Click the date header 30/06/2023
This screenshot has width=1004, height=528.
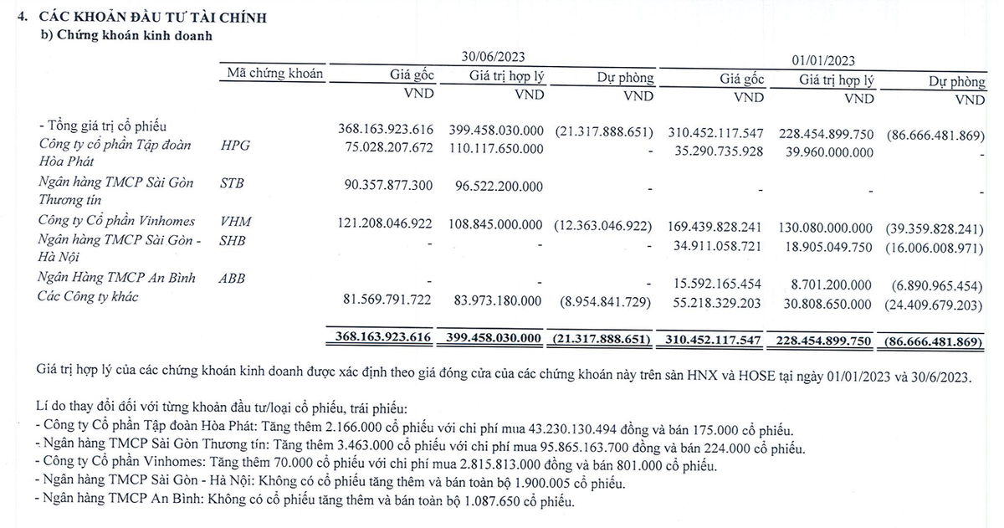[494, 57]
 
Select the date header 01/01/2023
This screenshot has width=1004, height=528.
[824, 60]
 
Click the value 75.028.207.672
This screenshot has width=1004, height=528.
[387, 149]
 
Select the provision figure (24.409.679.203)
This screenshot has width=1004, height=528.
[933, 305]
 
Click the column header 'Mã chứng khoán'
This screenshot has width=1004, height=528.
[274, 74]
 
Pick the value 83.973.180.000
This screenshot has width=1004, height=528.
[496, 300]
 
